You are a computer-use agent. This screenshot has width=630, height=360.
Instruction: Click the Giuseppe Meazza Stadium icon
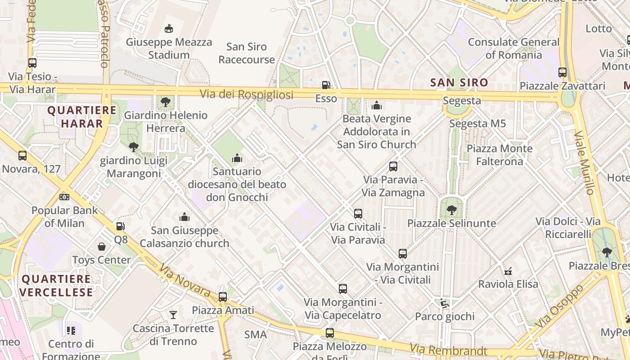pyautogui.click(x=168, y=29)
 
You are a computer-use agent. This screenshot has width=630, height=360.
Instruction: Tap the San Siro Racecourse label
pyautogui.click(x=247, y=53)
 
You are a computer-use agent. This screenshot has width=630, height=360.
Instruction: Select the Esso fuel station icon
pyautogui.click(x=326, y=85)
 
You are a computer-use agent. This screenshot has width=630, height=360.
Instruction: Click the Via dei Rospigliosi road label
pyautogui.click(x=247, y=94)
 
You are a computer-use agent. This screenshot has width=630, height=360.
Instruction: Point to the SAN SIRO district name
pyautogui.click(x=459, y=83)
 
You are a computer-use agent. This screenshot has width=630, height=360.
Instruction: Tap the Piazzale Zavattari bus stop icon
pyautogui.click(x=562, y=72)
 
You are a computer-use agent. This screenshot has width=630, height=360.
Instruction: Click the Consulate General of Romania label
pyautogui.click(x=514, y=49)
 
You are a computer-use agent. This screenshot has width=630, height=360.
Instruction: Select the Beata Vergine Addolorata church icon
pyautogui.click(x=377, y=105)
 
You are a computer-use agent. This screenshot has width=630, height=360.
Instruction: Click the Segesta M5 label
pyautogui.click(x=477, y=123)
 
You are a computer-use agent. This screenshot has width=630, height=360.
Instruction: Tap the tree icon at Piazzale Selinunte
pyautogui.click(x=451, y=210)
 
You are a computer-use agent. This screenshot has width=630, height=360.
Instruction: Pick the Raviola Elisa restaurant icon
pyautogui.click(x=508, y=271)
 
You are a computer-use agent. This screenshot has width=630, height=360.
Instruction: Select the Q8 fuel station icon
pyautogui.click(x=120, y=226)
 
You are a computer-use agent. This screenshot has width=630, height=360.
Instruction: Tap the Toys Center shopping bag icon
pyautogui.click(x=102, y=247)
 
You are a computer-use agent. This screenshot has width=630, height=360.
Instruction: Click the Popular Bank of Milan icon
pyautogui.click(x=64, y=197)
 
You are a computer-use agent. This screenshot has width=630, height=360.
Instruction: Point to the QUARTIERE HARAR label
pyautogui.click(x=82, y=117)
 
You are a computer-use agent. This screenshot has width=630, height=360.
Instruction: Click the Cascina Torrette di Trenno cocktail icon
pyautogui.click(x=173, y=315)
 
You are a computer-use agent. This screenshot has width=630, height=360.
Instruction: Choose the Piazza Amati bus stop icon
pyautogui.click(x=223, y=297)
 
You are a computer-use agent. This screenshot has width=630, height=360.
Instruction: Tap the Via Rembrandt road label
pyautogui.click(x=449, y=350)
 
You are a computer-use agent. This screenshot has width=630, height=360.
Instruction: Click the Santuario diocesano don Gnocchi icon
pyautogui.click(x=237, y=158)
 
